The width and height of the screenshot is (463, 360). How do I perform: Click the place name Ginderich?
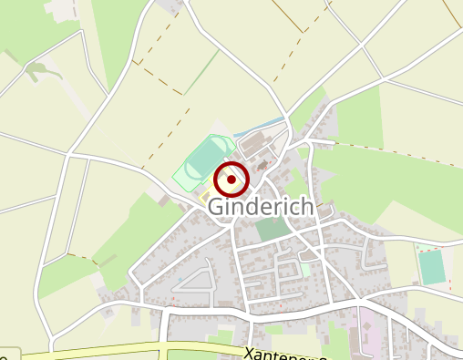pos(261,207)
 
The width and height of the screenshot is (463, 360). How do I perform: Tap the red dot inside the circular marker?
pos(231,180)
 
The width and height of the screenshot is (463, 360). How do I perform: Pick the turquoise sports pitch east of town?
pos(431,266)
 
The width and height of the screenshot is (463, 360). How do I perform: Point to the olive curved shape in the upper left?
pos(42,70)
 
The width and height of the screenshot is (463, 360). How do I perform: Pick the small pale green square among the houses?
pos(306,270)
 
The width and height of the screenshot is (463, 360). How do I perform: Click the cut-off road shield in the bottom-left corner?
pos(7,354)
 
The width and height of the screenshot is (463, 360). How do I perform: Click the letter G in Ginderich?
pos(217,207)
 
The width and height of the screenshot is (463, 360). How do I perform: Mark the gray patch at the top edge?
pos(170,5)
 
